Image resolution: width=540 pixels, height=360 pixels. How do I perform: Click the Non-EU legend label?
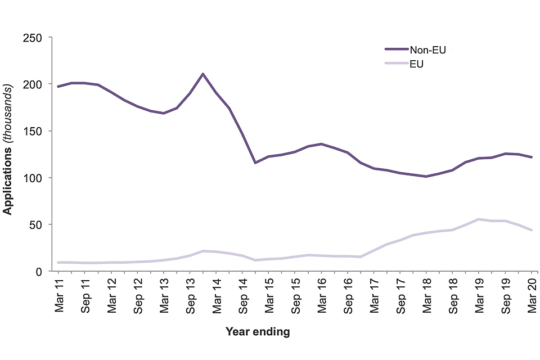[427, 50]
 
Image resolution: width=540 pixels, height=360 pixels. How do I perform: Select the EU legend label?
[417, 64]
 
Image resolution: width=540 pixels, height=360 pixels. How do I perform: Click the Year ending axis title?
[258, 332]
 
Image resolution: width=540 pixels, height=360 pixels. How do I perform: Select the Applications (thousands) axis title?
[8, 150]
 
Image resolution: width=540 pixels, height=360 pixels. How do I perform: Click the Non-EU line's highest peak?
[202, 74]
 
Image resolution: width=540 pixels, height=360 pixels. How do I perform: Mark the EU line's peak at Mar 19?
[479, 219]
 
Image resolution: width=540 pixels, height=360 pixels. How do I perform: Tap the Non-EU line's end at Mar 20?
[532, 157]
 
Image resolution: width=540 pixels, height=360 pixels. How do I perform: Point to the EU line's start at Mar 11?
[58, 262]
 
